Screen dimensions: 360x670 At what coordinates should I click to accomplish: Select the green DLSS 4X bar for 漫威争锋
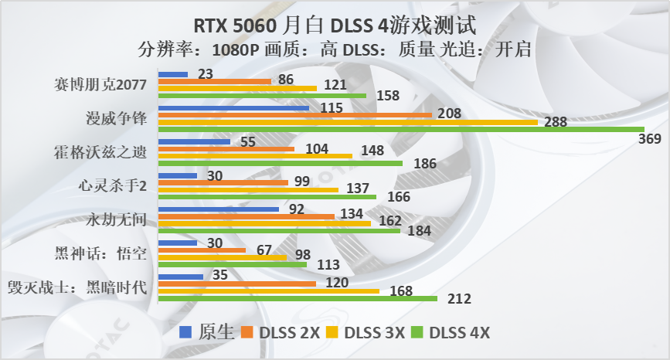pos(401,129)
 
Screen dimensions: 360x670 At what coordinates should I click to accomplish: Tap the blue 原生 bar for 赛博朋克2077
pos(173,74)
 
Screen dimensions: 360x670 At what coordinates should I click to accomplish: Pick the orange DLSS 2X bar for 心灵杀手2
pos(223,182)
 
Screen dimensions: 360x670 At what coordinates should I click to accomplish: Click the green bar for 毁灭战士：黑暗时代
pos(298,298)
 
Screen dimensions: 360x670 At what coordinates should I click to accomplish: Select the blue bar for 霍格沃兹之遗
pos(194,141)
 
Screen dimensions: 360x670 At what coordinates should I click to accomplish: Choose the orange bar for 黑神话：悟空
pos(202,250)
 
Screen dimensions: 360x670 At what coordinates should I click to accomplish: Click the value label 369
pos(650,139)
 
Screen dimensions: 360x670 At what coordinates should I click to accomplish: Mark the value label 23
pos(206,74)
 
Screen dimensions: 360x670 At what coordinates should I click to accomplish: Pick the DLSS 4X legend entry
pos(451,333)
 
